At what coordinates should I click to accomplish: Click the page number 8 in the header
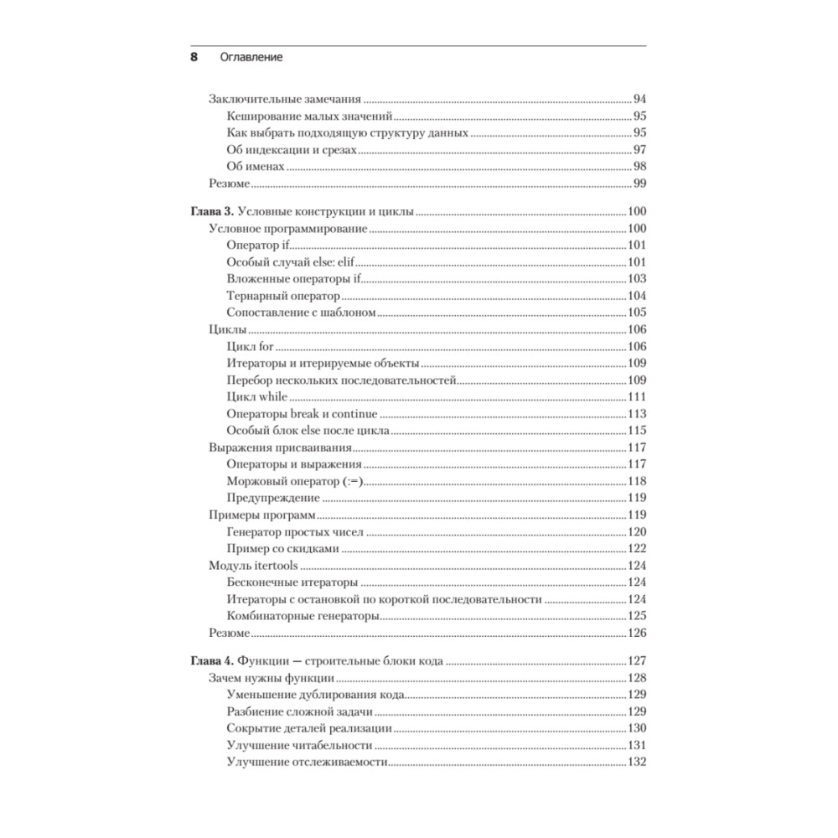pyautogui.click(x=194, y=58)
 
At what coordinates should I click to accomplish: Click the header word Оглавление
pyautogui.click(x=251, y=58)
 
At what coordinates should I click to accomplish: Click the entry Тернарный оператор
pyautogui.click(x=283, y=296)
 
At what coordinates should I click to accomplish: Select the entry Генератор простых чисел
pyautogui.click(x=293, y=532)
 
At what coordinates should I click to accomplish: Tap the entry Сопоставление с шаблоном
pyautogui.click(x=299, y=313)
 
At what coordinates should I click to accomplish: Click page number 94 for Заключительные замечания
pyautogui.click(x=639, y=99)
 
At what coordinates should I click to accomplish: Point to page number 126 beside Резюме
pyautogui.click(x=637, y=633)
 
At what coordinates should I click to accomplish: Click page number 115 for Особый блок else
pyautogui.click(x=637, y=431)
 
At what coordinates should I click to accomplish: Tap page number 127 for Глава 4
pyautogui.click(x=637, y=660)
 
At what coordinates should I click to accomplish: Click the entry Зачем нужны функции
pyautogui.click(x=272, y=677)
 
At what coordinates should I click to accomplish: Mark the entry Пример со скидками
pyautogui.click(x=282, y=549)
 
